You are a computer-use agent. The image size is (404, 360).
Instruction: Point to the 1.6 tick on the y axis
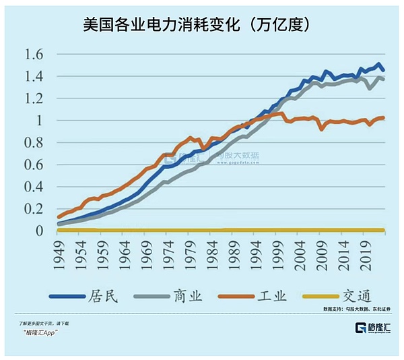click(34, 55)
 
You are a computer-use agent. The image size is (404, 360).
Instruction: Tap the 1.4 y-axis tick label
click(34, 77)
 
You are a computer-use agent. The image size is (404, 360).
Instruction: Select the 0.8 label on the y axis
click(34, 143)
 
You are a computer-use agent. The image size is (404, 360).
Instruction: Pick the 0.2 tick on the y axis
click(34, 209)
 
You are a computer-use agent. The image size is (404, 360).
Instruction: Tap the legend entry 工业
click(269, 295)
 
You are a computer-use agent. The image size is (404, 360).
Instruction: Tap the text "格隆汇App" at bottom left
click(40, 334)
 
